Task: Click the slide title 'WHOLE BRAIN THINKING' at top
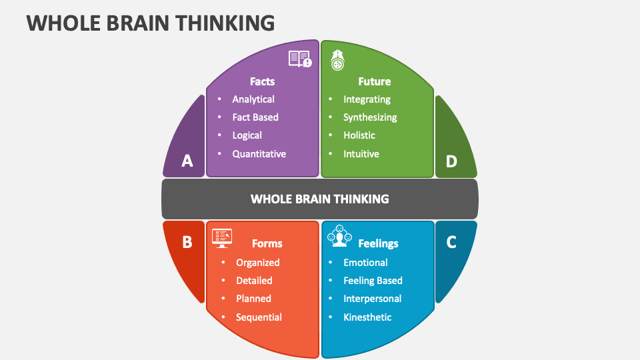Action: tap(151, 23)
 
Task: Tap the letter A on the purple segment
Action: tap(187, 161)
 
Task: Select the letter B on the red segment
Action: tap(187, 242)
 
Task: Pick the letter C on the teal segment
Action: tap(451, 242)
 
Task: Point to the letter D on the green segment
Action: tap(451, 161)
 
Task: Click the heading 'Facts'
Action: tap(262, 81)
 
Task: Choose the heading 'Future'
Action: tap(374, 81)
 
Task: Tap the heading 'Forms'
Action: tap(267, 243)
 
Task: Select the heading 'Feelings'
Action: tap(378, 243)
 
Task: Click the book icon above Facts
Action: tap(300, 59)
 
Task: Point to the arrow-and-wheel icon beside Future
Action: tap(338, 61)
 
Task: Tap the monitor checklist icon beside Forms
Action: tap(222, 237)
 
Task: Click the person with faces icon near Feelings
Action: tap(339, 235)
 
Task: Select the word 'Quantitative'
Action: tap(259, 154)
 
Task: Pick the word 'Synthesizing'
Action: tap(370, 117)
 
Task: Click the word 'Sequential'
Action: tap(259, 317)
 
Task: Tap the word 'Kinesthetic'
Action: tap(367, 317)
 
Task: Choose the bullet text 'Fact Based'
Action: tap(255, 117)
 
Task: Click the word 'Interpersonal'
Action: tap(372, 299)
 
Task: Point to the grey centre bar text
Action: tap(319, 199)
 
